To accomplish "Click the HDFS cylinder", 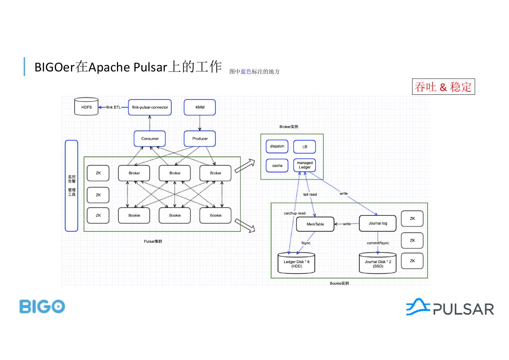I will (x=86, y=107).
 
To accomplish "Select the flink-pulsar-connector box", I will (x=150, y=107).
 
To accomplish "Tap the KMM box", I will (x=200, y=107).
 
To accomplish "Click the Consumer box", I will (x=150, y=139).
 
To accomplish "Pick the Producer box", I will (x=200, y=139).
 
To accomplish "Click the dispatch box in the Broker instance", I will (x=277, y=146).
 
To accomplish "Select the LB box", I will (x=305, y=146).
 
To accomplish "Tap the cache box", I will (x=277, y=166).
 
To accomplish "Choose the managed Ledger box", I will (x=305, y=165).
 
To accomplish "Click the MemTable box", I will (x=315, y=224).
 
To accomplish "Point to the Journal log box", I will (x=378, y=223).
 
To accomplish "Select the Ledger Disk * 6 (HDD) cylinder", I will (x=296, y=263).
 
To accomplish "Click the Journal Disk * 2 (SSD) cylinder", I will (x=378, y=263).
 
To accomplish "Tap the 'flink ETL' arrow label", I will (x=113, y=107).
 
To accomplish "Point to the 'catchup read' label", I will (x=294, y=213).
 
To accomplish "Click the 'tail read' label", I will (x=310, y=194).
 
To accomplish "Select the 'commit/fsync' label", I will (x=378, y=243).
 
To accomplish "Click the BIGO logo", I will (x=42, y=307).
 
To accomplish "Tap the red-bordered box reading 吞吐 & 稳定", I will (x=443, y=87).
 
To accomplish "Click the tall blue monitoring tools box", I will (x=71, y=186).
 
